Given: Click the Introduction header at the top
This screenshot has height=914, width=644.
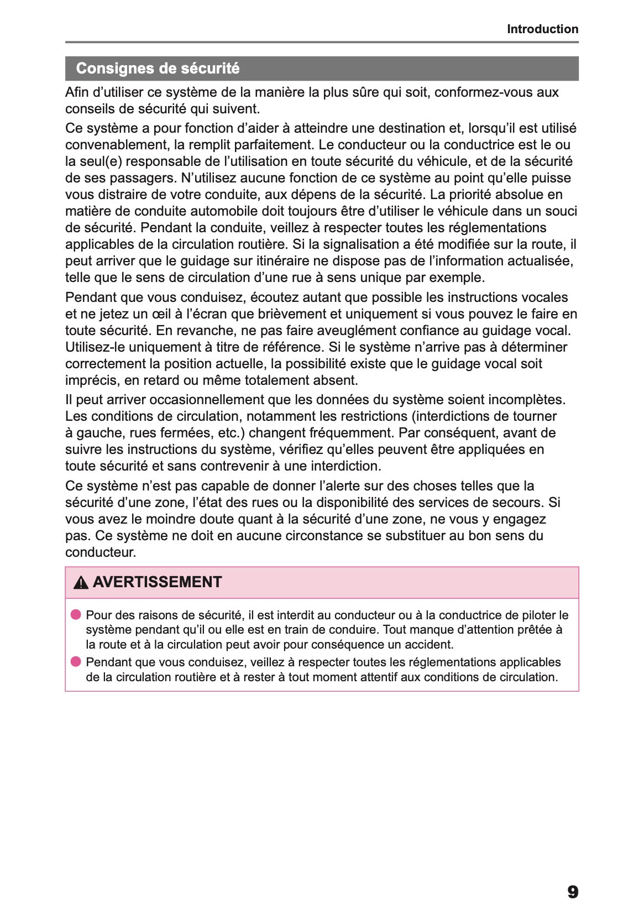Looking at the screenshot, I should click(x=542, y=29).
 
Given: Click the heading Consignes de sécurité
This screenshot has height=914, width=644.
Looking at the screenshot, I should click(x=158, y=69).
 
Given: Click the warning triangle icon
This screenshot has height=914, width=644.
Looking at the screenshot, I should click(x=81, y=582).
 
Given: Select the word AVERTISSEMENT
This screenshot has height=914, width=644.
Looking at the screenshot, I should click(x=157, y=582).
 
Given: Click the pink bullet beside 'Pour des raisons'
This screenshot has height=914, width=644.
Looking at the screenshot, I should click(x=76, y=614).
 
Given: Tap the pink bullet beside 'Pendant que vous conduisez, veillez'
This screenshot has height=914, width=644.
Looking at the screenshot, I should click(x=76, y=662).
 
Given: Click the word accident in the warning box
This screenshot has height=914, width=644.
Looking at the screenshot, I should click(x=430, y=645).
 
